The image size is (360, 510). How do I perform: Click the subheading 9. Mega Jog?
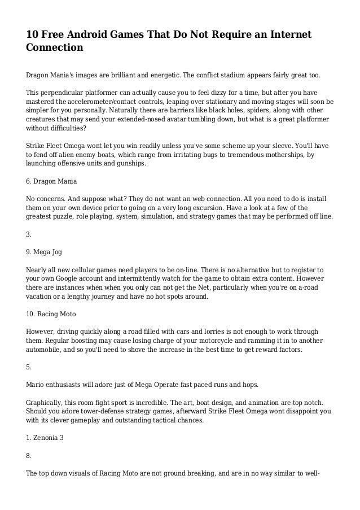[46, 245]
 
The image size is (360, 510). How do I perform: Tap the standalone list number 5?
[29, 367]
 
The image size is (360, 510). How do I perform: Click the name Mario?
[37, 385]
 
